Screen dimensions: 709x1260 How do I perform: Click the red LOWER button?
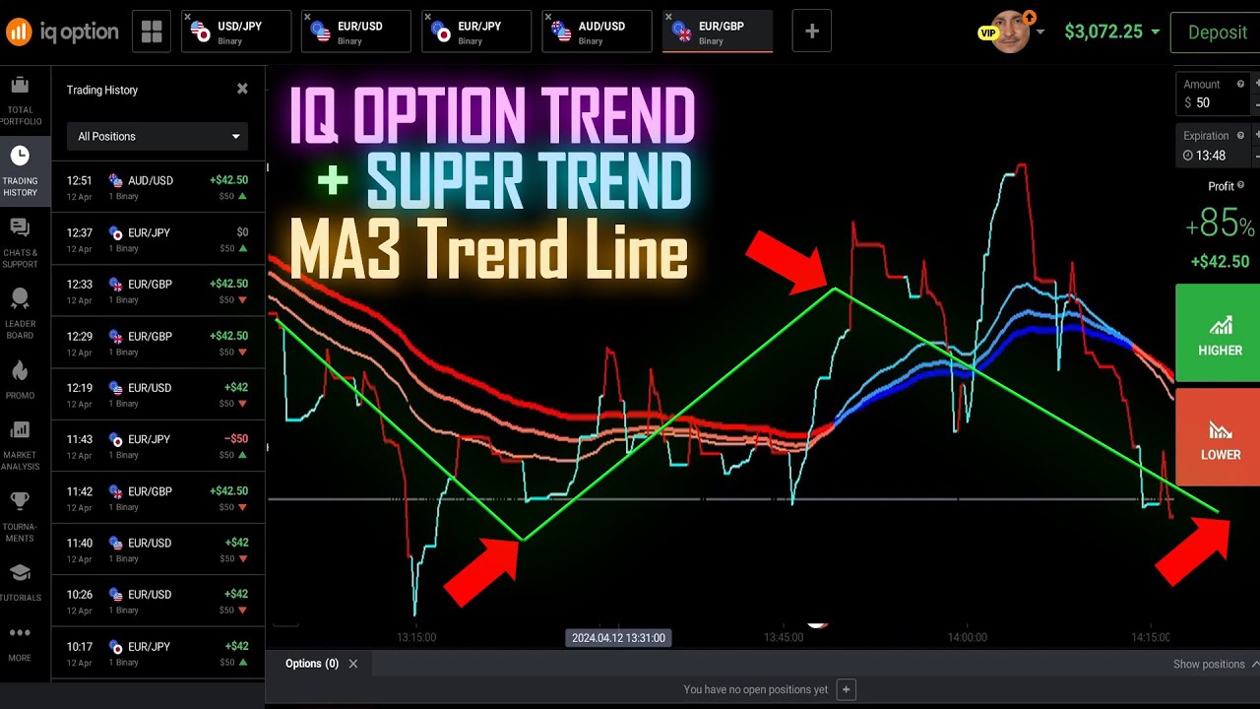(1219, 438)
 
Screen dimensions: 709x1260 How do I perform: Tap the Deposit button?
(1217, 32)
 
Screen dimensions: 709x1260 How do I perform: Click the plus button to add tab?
(812, 32)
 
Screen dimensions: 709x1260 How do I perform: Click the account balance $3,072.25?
(1102, 32)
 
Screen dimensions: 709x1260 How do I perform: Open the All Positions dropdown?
(157, 136)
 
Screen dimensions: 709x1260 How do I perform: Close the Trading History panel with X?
(242, 89)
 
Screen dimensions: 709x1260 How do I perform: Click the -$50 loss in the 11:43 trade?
(235, 439)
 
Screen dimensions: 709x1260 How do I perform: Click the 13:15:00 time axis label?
(416, 638)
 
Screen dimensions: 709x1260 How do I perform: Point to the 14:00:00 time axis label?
(967, 638)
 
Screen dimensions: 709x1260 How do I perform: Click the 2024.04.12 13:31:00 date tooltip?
(618, 638)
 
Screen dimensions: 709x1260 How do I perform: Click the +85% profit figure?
(1220, 226)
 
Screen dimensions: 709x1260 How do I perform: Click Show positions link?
(1209, 665)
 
